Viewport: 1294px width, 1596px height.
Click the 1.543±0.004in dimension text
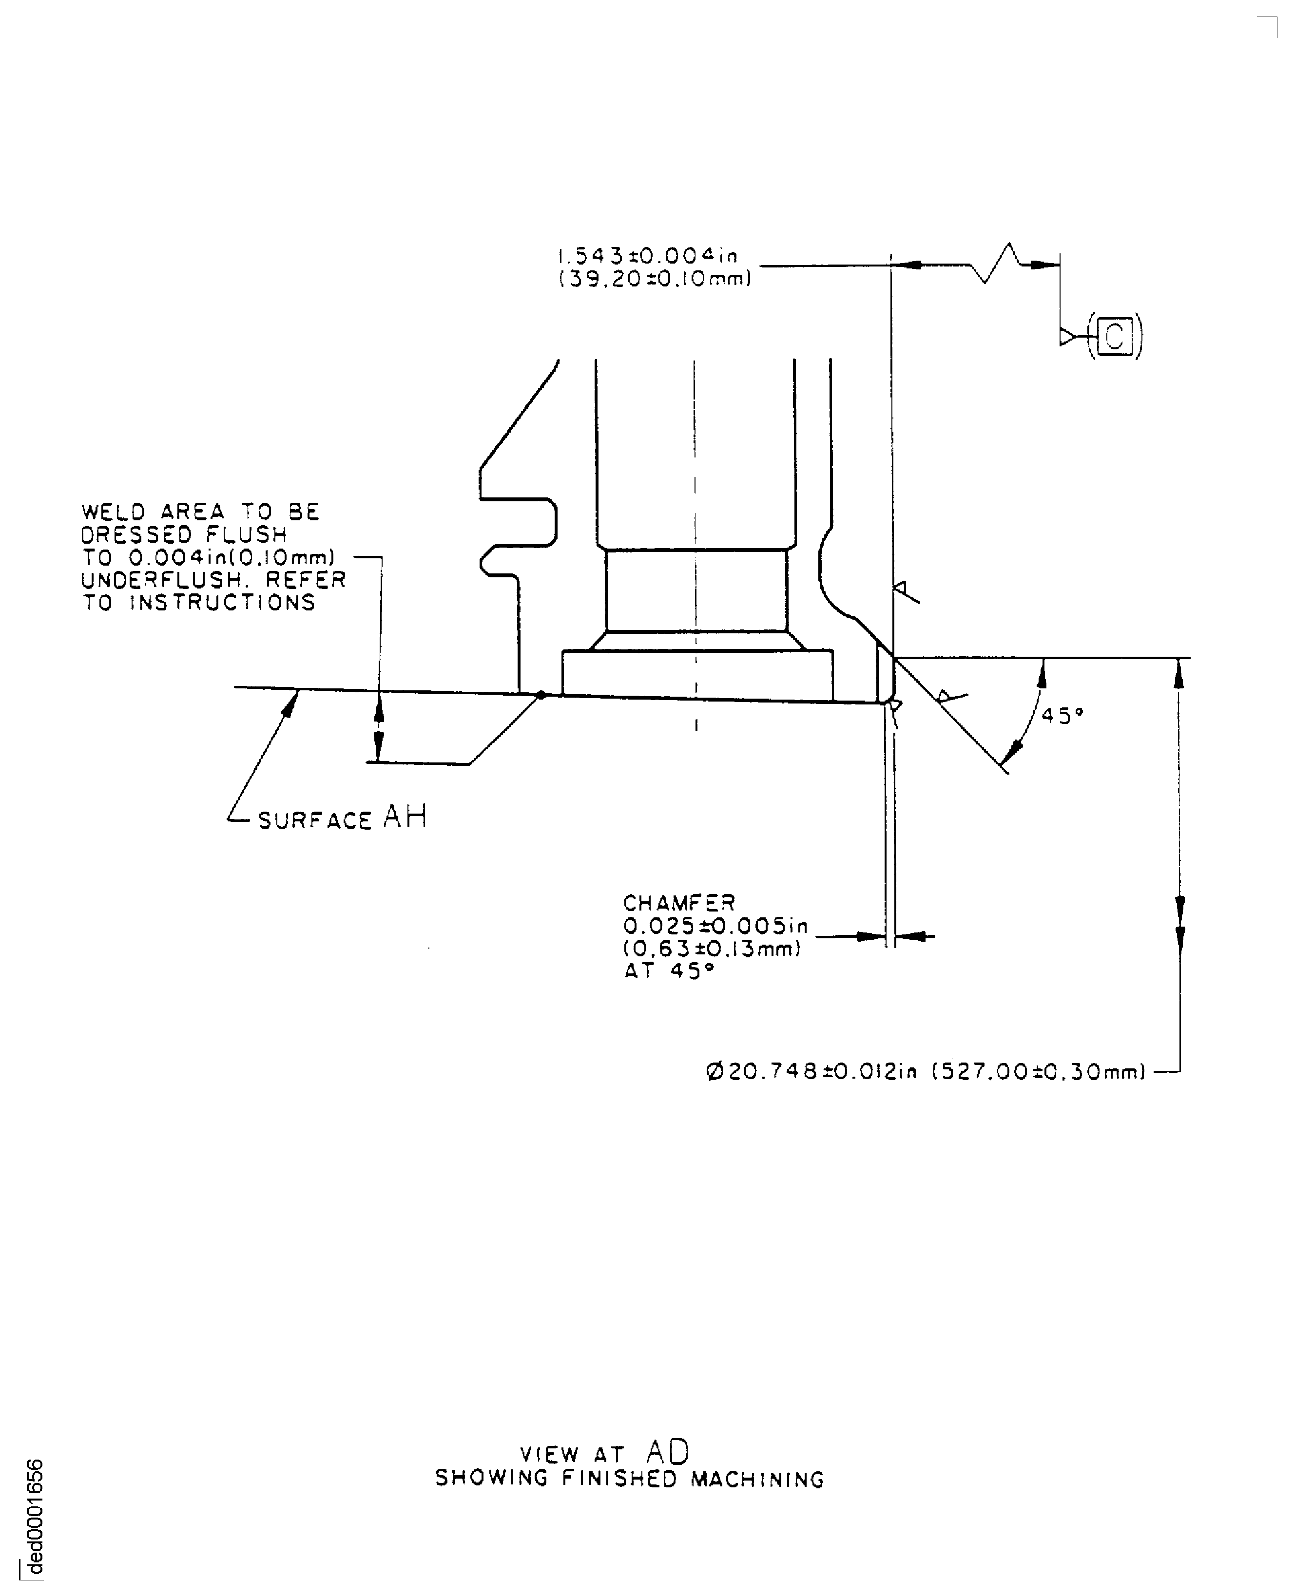648,256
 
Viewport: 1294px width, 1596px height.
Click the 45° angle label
1062,716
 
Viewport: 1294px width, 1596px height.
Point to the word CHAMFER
679,903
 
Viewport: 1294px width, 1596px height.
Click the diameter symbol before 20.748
714,1072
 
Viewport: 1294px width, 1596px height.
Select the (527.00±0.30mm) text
1038,1072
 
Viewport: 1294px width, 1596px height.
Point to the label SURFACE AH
342,819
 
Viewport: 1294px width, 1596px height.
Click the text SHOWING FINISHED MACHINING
630,1479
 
